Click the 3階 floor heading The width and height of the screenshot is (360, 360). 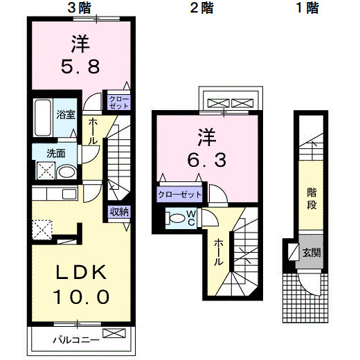pos(79,8)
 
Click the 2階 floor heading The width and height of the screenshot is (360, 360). pos(201,8)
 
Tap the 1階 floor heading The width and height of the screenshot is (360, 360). pos(307,8)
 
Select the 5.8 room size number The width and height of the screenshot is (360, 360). pos(80,66)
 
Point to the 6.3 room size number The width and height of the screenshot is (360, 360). pos(206,160)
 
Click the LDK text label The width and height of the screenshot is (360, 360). pos(81,272)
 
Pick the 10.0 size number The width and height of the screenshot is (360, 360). pos(81,297)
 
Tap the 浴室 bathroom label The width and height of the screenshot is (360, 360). pos(66,115)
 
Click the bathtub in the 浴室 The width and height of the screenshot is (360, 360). pos(43,118)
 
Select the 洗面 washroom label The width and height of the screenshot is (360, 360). pos(56,153)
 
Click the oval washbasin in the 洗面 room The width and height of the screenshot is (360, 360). pos(66,172)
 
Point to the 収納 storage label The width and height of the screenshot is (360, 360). pos(119,211)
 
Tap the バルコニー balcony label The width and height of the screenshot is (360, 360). pos(76,340)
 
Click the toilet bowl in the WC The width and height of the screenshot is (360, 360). pos(177,218)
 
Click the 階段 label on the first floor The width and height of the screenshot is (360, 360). pos(312,199)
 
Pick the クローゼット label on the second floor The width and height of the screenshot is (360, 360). pos(180,195)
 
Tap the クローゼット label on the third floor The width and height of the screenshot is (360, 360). pos(119,102)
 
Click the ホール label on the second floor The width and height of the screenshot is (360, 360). pos(218,252)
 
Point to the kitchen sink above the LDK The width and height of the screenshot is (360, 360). pos(69,194)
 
